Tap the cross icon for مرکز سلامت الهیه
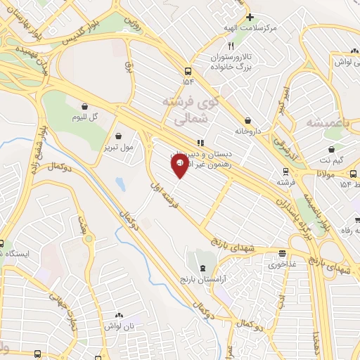pos(250,16)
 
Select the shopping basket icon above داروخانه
pos(248,120)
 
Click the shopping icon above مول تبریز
pos(117,136)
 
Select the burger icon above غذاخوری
pos(282,254)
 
